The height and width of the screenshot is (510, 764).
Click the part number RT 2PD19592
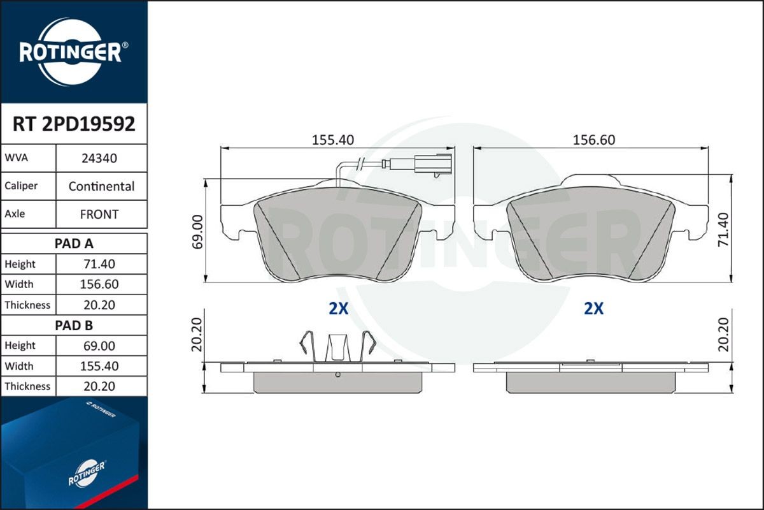[74, 124]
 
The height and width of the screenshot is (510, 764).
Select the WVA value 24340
[99, 158]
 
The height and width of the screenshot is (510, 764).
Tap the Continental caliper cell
[101, 187]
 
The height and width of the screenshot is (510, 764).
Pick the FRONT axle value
[99, 215]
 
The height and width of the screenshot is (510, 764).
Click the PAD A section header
[74, 244]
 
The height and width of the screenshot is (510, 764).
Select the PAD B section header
[74, 325]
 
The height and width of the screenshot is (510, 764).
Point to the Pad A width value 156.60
[99, 284]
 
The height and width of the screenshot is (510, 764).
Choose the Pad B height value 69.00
[99, 346]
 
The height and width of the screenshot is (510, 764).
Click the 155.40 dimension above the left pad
[332, 140]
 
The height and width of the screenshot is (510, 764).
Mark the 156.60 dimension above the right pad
[593, 140]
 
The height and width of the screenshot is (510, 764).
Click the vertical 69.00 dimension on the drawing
[197, 231]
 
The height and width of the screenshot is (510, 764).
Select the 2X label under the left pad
[338, 309]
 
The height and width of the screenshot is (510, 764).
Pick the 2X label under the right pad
[593, 309]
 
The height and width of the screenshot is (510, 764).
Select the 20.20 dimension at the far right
[741, 335]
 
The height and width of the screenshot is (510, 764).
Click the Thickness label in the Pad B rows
[27, 386]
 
